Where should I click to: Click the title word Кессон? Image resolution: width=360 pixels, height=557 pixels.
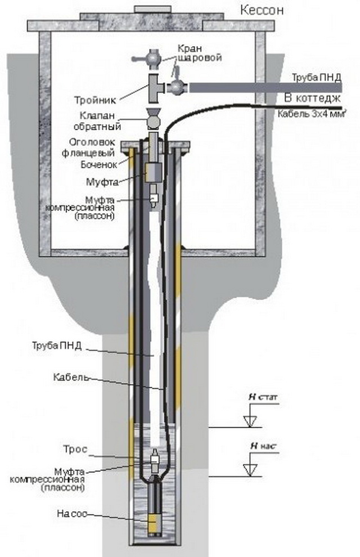pos(262,10)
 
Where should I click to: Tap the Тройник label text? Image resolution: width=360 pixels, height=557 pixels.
pos(95,100)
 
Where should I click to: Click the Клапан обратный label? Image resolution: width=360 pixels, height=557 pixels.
pos(97,120)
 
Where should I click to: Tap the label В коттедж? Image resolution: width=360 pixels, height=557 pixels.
pos(312,98)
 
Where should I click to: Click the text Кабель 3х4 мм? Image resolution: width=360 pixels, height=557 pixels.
pos(312,114)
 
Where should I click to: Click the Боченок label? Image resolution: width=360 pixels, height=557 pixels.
pos(98,164)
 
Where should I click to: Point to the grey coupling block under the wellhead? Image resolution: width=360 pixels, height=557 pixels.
pos(154,172)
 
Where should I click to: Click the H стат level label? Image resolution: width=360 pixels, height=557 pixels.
pos(263,397)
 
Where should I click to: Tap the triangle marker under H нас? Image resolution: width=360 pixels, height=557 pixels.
pos(251,470)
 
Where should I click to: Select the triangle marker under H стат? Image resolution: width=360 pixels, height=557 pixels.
pos(251,421)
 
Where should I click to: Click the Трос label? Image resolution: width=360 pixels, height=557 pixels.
pos(75,450)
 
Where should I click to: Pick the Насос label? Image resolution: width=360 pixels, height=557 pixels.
pos(71,514)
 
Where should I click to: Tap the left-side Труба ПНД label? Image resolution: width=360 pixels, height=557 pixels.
pos(57,345)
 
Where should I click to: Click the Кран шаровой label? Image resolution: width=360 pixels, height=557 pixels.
pos(199,52)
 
